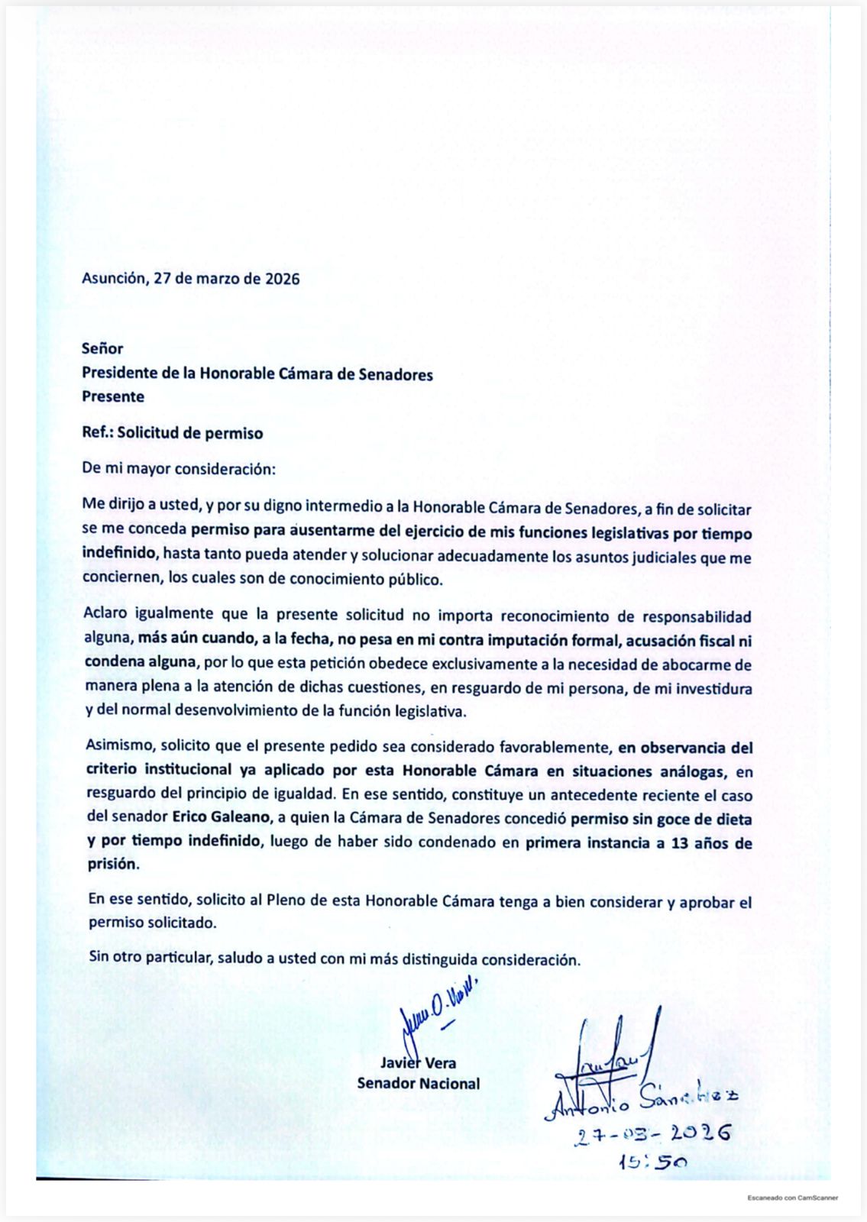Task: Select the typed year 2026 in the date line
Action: point(282,278)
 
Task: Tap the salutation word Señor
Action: point(102,348)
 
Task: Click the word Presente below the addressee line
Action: point(113,396)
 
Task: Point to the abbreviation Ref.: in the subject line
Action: point(97,433)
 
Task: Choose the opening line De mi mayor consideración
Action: point(179,468)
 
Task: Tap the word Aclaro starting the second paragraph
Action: point(106,615)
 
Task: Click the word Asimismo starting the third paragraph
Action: point(118,746)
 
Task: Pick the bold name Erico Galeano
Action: point(222,817)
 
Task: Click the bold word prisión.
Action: point(113,865)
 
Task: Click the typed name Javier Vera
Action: point(419,1062)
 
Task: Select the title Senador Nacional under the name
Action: point(419,1083)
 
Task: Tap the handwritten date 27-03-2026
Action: point(653,1133)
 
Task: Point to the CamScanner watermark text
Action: point(792,1198)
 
